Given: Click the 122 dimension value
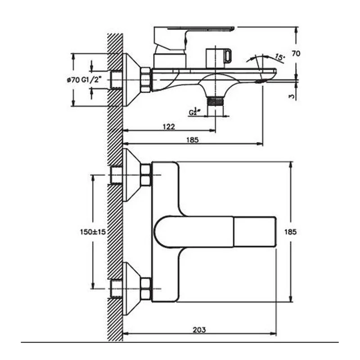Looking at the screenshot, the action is pyautogui.click(x=169, y=126).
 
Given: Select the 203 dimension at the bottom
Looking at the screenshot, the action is pyautogui.click(x=199, y=330).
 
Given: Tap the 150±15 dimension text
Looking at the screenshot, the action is pyautogui.click(x=93, y=232).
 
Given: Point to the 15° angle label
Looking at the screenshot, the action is pyautogui.click(x=279, y=57).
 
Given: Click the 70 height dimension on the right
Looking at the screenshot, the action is pyautogui.click(x=296, y=54).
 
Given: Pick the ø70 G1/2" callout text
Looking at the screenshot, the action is pyautogui.click(x=84, y=80).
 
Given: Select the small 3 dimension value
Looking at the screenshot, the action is pyautogui.click(x=292, y=96).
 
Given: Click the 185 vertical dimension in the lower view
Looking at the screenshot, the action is pyautogui.click(x=290, y=232).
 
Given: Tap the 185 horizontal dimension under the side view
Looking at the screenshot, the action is pyautogui.click(x=193, y=140).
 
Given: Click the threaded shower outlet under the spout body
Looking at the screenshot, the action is pyautogui.click(x=215, y=101).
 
